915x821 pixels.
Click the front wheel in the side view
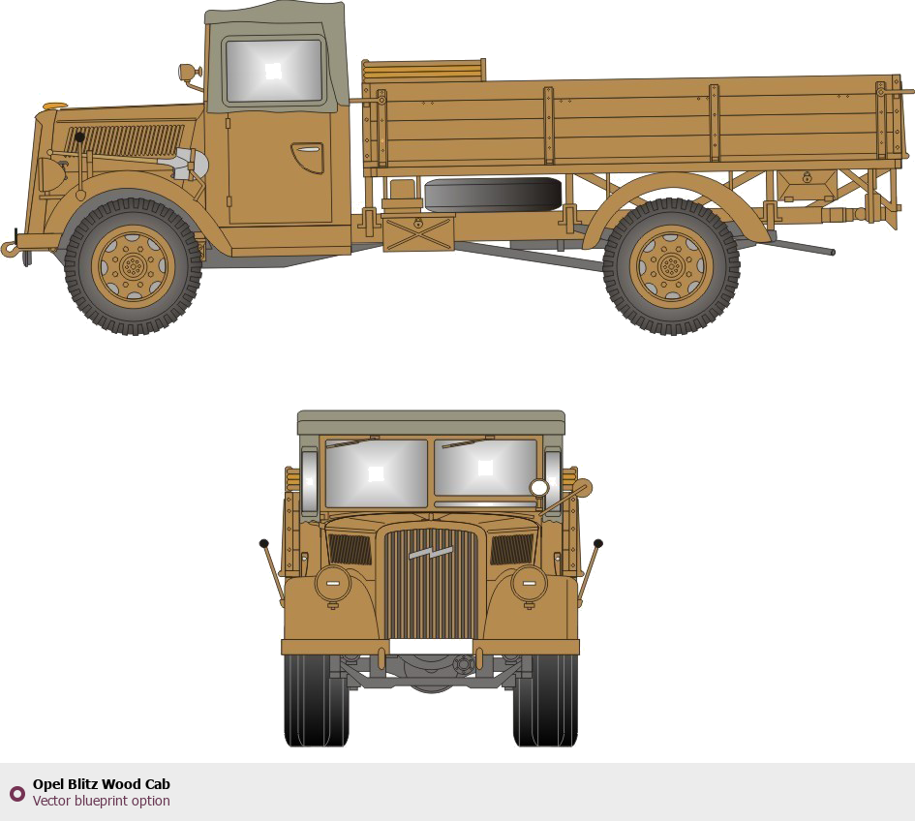pyautogui.click(x=133, y=266)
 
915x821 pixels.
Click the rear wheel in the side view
pyautogui.click(x=672, y=266)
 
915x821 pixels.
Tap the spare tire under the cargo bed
pyautogui.click(x=493, y=195)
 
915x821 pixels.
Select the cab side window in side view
pyautogui.click(x=274, y=71)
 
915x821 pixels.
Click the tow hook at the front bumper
pyautogui.click(x=10, y=249)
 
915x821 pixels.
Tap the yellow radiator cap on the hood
pyautogui.click(x=55, y=106)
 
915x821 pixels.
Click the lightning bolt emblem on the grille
pyautogui.click(x=431, y=552)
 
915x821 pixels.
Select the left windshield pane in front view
pyautogui.click(x=377, y=472)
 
